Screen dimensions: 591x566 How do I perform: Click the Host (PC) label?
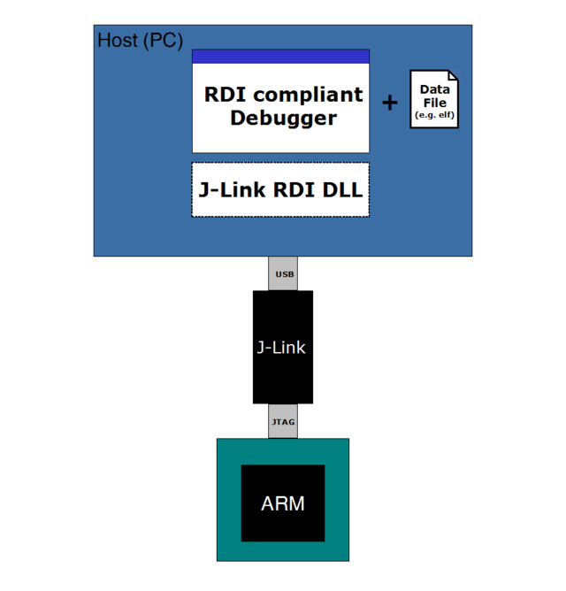pyautogui.click(x=139, y=41)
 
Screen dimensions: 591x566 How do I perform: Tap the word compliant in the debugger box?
pyautogui.click(x=309, y=95)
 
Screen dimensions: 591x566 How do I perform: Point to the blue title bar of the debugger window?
pyautogui.click(x=280, y=57)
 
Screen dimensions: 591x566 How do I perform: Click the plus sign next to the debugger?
pyautogui.click(x=389, y=104)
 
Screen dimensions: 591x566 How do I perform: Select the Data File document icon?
pyautogui.click(x=434, y=100)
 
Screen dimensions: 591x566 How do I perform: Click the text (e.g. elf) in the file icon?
pyautogui.click(x=434, y=116)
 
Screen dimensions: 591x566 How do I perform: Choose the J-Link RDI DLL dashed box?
pyautogui.click(x=280, y=189)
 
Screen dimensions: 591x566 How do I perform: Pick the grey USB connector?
pyautogui.click(x=284, y=273)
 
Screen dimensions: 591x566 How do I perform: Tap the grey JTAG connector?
pyautogui.click(x=283, y=422)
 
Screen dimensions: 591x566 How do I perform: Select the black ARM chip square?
pyautogui.click(x=283, y=522)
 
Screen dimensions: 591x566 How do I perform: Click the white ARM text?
pyautogui.click(x=283, y=504)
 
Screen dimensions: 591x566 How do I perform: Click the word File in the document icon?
pyautogui.click(x=434, y=103)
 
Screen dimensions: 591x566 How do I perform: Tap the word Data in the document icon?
pyautogui.click(x=434, y=90)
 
